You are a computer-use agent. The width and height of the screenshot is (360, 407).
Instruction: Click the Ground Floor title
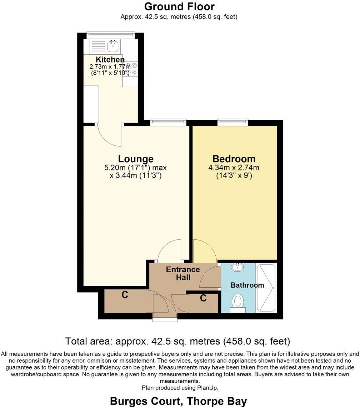[179, 6]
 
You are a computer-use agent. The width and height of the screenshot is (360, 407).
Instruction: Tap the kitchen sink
[113, 45]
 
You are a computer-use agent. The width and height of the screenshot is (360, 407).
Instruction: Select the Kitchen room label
[110, 60]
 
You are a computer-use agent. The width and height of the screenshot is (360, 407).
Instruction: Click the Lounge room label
[136, 159]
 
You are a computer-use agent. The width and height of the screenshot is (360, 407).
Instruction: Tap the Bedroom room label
[234, 159]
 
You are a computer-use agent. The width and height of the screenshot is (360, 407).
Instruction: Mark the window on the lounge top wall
[168, 122]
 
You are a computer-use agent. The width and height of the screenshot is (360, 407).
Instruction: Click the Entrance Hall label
[183, 273]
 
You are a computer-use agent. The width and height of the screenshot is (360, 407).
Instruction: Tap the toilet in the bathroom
[237, 302]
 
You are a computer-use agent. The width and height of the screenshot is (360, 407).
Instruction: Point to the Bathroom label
[247, 285]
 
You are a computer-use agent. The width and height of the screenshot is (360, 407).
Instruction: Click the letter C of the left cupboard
[125, 295]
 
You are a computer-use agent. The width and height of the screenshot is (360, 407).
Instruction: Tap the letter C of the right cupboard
[203, 298]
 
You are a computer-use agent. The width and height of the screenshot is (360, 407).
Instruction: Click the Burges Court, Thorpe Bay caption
[178, 401]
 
